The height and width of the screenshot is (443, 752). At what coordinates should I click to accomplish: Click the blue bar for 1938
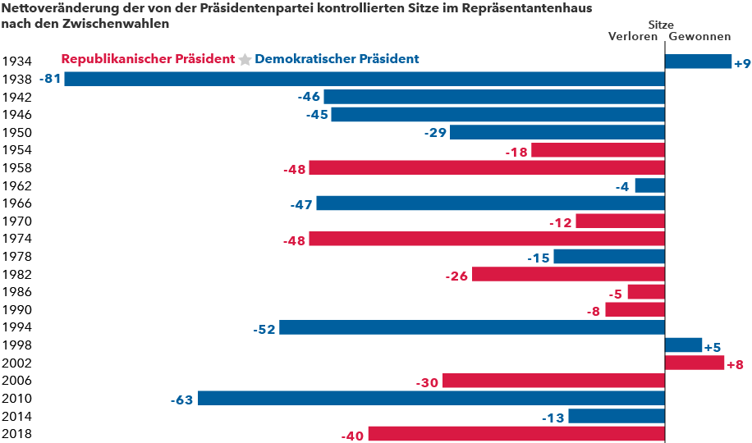(x=365, y=79)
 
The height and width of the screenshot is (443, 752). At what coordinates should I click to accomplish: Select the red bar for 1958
(x=486, y=168)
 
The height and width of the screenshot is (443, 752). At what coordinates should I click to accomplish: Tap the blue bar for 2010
(x=431, y=399)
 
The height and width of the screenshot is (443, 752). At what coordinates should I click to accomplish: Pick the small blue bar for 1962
(x=649, y=185)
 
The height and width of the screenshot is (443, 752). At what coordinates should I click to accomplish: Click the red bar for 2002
(x=694, y=363)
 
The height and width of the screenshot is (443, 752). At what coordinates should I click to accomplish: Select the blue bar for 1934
(x=698, y=62)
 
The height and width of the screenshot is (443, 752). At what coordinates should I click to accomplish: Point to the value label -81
(x=50, y=79)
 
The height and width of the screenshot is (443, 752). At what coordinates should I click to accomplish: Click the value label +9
(x=742, y=63)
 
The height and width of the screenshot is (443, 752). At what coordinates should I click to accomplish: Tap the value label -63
(x=181, y=400)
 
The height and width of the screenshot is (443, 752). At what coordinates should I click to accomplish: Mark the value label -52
(x=264, y=328)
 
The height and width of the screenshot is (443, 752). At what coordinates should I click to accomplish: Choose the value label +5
(x=713, y=347)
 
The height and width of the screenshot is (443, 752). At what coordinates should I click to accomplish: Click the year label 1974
(x=16, y=239)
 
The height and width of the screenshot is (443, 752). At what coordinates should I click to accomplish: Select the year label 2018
(x=16, y=434)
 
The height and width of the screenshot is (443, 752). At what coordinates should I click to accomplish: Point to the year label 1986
(x=16, y=292)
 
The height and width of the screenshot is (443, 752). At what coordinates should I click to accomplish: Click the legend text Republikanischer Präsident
(x=148, y=59)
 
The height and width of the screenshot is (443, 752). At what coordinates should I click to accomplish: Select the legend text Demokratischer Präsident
(x=337, y=59)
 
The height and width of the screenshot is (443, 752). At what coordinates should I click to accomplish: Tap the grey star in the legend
(x=245, y=60)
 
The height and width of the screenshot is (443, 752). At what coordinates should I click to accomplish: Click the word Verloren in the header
(x=632, y=36)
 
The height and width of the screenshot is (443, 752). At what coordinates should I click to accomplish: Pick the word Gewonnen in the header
(x=699, y=36)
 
